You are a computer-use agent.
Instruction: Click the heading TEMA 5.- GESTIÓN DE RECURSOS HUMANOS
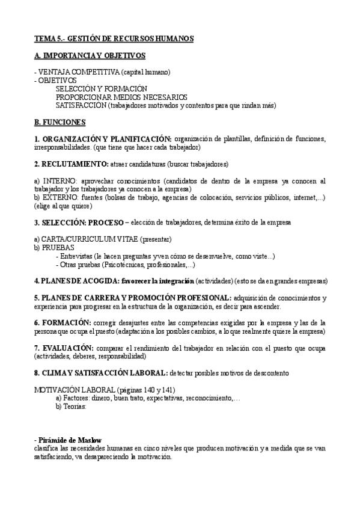pos(114,38)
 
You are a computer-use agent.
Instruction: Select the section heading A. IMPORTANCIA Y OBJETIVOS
pos(90,55)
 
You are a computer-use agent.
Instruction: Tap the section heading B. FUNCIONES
pos(60,122)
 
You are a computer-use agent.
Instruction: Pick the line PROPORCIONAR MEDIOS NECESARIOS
pos(121,97)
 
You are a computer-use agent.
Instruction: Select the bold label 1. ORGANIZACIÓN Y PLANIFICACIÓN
pos(103,139)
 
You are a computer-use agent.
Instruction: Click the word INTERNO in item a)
pos(56,180)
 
